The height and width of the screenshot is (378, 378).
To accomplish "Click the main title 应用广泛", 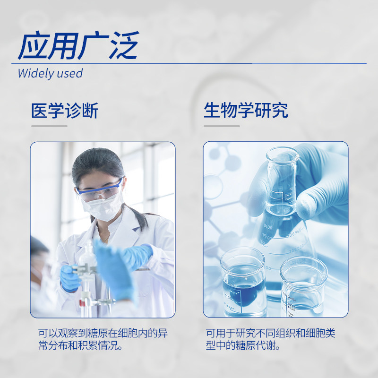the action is click(78, 45).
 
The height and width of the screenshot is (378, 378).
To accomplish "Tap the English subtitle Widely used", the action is click(50, 74).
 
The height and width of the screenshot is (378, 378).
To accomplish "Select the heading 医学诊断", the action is click(65, 111).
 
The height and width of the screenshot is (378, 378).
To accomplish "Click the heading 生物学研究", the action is click(246, 110).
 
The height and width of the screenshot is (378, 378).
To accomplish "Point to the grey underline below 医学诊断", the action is click(49, 126).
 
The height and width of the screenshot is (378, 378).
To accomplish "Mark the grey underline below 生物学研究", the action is click(222, 126).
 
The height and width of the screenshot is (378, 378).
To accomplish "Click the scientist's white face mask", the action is click(103, 207).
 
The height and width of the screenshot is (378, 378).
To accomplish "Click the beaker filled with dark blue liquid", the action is click(243, 282).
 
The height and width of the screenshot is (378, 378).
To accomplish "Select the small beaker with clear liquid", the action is click(304, 287).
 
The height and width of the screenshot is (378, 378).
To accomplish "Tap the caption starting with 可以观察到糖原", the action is click(103, 339).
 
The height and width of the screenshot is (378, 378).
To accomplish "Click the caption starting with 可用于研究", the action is click(270, 339).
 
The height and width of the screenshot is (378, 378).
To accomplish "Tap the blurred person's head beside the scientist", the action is click(38, 253).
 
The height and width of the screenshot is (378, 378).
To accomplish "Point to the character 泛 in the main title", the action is click(124, 45).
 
